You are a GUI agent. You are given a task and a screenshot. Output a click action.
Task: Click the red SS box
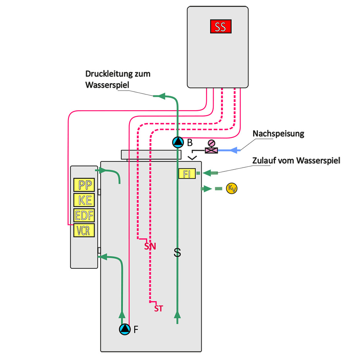[221, 26]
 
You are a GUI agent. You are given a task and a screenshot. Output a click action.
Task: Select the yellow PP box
[84, 185]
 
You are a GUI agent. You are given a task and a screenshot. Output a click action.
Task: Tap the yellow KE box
[84, 200]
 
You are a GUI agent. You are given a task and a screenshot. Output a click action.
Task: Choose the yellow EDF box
[84, 215]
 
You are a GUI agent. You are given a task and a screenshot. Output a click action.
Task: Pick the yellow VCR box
[84, 230]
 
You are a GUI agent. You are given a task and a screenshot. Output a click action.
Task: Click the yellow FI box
[187, 174]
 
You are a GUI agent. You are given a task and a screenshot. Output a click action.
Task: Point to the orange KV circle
[231, 189]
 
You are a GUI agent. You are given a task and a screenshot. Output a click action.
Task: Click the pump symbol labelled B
[178, 142]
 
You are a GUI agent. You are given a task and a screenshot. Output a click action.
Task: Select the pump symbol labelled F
[125, 329]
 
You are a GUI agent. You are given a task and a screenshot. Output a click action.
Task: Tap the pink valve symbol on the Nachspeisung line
[211, 147]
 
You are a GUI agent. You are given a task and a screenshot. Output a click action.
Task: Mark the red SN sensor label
[150, 246]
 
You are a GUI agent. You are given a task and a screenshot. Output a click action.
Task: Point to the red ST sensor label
[159, 309]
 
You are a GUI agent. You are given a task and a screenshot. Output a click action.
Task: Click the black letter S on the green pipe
[177, 253]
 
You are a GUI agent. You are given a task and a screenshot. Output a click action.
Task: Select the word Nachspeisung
[278, 134]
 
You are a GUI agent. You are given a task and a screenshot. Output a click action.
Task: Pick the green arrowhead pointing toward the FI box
[207, 173]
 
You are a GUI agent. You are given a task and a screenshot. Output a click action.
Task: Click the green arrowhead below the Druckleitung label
[162, 96]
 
